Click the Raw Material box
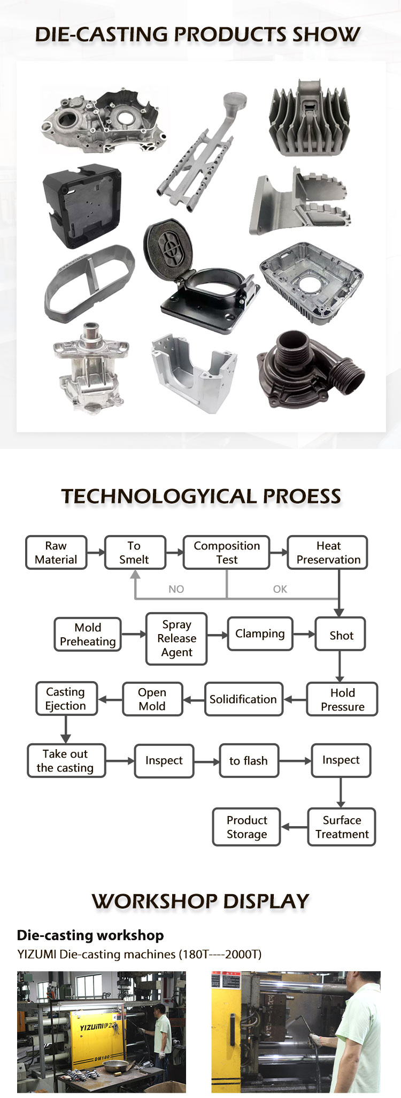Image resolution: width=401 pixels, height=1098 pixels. point(56,552)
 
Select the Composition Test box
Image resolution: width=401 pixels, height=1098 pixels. point(226,552)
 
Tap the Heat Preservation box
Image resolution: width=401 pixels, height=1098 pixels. point(328,552)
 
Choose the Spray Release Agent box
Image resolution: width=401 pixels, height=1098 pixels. point(176,638)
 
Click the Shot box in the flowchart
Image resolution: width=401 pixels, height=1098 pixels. point(341,635)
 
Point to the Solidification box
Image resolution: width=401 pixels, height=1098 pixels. point(243,699)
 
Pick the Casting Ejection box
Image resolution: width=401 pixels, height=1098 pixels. point(66,698)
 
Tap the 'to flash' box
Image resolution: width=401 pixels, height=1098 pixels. point(249,760)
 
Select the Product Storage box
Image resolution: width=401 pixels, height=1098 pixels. point(246,827)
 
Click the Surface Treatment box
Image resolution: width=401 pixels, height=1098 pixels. point(342,827)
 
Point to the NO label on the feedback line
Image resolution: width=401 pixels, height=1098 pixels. point(176,589)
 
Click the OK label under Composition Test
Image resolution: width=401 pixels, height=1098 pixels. point(280,589)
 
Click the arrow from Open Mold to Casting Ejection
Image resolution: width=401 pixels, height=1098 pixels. point(110,699)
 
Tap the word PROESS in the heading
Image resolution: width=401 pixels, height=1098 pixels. point(302,496)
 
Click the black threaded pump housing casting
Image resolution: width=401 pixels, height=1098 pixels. point(311,370)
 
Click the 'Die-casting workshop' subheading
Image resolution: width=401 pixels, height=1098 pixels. point(90,935)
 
